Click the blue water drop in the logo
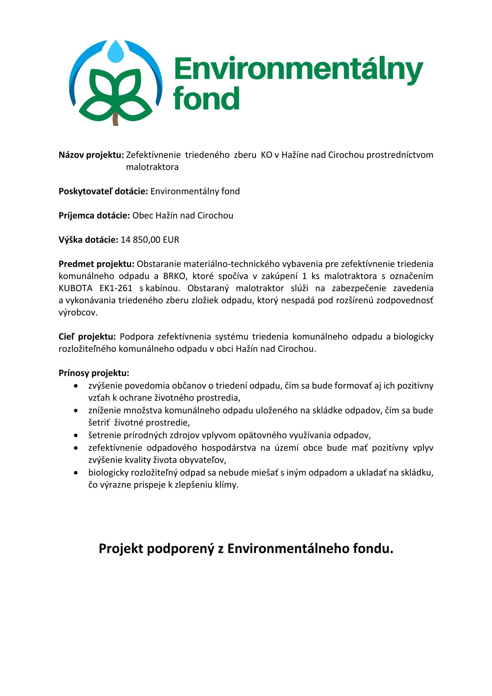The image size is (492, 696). coord(115,52)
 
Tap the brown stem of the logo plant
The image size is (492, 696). coord(116,119)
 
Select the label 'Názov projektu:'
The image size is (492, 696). coord(91,155)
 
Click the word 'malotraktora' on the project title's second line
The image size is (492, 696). coord(152,167)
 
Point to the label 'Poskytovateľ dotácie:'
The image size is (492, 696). coord(103,191)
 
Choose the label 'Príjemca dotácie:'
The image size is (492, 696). coord(94,215)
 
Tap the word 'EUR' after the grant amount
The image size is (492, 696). coord(171,240)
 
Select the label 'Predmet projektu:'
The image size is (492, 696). coord(96,264)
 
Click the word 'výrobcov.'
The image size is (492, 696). coord(78,313)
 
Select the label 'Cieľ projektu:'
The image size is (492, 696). coord(87,337)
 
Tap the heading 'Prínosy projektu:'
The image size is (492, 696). coord(94,373)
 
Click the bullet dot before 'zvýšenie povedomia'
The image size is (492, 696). coord(76,386)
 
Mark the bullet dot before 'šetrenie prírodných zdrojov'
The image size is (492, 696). coord(76,435)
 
